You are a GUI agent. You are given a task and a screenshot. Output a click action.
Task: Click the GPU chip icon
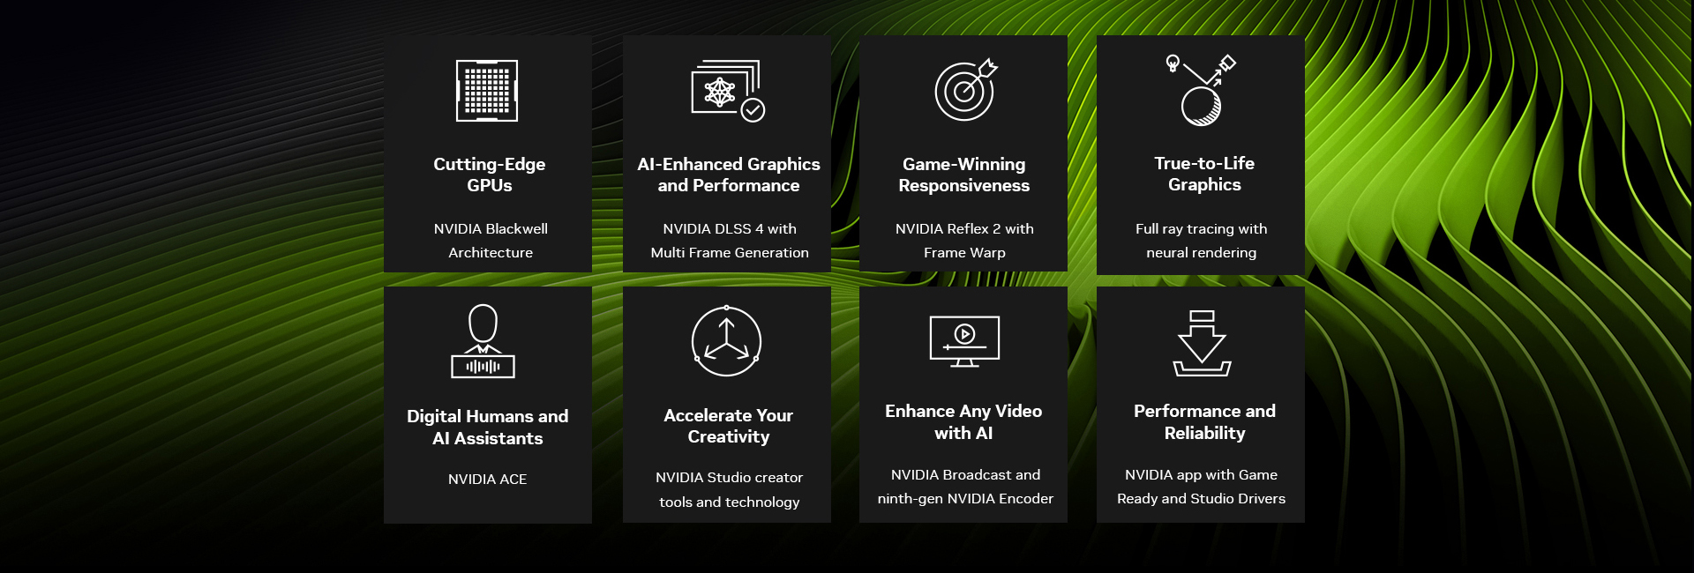tap(487, 91)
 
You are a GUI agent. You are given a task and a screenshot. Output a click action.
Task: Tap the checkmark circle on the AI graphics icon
tap(753, 110)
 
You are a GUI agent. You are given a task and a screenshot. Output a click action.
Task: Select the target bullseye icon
tap(965, 90)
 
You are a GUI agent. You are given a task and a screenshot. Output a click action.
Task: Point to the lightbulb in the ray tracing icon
tap(1173, 63)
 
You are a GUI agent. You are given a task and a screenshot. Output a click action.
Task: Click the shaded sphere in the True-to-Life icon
tap(1201, 107)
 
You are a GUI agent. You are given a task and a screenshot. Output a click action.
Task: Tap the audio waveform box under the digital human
tap(483, 367)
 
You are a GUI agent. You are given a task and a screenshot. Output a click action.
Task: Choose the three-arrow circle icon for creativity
tap(726, 341)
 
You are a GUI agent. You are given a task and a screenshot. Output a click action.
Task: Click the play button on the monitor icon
tap(964, 334)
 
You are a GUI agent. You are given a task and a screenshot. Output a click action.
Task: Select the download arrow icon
tap(1202, 343)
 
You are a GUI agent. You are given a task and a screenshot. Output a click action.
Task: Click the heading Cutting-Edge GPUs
tap(489, 175)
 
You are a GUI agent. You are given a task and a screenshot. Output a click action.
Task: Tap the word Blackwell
tap(516, 229)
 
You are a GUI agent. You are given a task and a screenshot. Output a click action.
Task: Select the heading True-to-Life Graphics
tap(1204, 174)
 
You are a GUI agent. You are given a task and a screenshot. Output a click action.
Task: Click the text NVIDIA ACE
tap(487, 480)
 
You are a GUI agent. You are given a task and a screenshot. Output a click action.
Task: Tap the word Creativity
tap(729, 437)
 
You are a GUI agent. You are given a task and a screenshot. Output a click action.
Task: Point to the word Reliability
tap(1204, 434)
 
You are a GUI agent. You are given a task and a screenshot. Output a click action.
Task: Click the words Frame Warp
tap(964, 253)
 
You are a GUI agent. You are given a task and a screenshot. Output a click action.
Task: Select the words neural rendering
tap(1201, 253)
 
